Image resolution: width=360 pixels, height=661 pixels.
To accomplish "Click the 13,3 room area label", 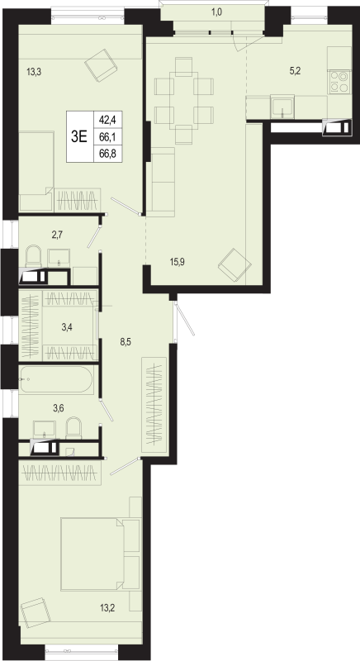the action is click(34, 72).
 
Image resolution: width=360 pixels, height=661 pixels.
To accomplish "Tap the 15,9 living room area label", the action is click(178, 261).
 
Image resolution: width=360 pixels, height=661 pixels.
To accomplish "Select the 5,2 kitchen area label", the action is click(295, 71).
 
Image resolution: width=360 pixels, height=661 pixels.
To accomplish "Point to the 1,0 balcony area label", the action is click(216, 12).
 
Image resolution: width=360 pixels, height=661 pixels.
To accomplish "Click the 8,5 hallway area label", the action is click(126, 342).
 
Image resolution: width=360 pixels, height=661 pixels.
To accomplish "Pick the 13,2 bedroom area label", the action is click(107, 607).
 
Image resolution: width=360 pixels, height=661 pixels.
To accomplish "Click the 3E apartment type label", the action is click(79, 136).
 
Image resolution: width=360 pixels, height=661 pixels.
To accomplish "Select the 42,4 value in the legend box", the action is click(107, 119).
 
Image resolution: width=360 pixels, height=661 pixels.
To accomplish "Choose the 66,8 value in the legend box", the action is click(107, 154).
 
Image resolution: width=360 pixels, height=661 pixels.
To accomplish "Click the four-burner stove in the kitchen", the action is click(339, 82).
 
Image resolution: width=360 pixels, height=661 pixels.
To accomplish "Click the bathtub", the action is click(56, 380).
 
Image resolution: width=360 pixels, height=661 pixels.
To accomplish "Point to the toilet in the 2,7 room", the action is click(34, 257).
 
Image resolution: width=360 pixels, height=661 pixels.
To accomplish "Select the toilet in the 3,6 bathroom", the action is click(73, 428).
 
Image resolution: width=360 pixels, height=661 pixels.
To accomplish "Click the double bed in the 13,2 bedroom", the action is click(92, 554).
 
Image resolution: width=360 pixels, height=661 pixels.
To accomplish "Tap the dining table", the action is click(183, 101).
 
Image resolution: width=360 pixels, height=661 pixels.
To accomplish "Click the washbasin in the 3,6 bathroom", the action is click(45, 429).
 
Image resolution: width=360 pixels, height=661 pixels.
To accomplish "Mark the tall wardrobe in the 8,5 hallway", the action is click(154, 405).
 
